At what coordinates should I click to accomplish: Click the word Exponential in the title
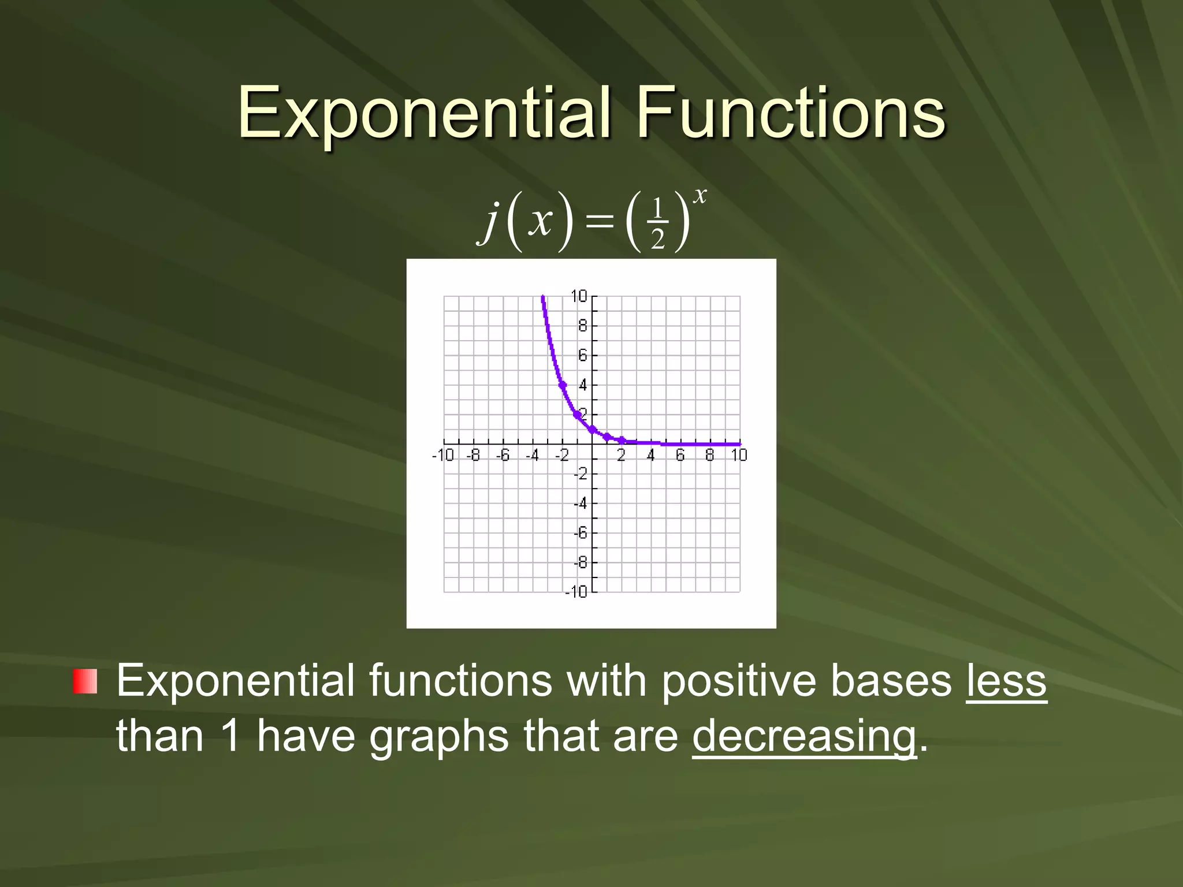tap(423, 113)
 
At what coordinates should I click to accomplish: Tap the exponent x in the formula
tap(700, 196)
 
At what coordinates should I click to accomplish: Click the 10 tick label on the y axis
tap(578, 297)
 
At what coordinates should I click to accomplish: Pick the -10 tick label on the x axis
tap(442, 456)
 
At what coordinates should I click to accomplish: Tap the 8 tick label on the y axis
tap(582, 326)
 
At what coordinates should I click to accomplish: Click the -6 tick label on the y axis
tap(580, 533)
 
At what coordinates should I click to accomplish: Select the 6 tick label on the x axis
tap(680, 456)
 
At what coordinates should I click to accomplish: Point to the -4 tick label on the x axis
tap(532, 456)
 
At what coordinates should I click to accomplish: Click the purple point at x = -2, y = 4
tap(563, 385)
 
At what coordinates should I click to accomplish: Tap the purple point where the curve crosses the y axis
tap(592, 429)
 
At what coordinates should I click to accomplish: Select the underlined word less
tap(1006, 681)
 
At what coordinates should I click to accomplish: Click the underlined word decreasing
tap(803, 736)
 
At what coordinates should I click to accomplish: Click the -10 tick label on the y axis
tap(576, 592)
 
